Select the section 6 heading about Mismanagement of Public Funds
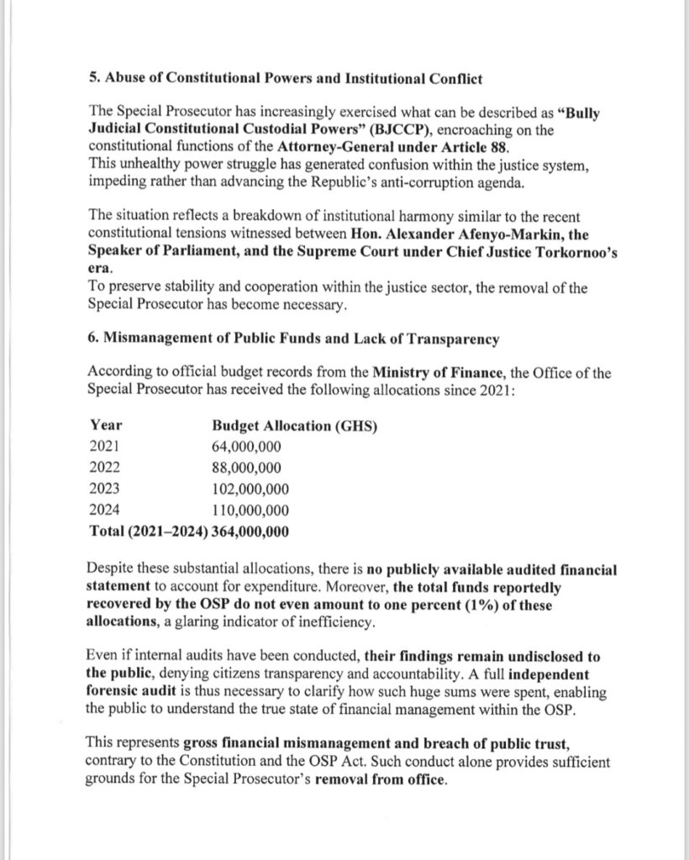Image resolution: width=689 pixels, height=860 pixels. click(293, 339)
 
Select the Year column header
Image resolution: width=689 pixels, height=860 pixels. click(105, 426)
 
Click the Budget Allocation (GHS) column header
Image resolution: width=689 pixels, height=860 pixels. click(295, 426)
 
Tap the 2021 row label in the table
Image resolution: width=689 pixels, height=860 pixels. click(105, 447)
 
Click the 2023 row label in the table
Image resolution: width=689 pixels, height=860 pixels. click(105, 489)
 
